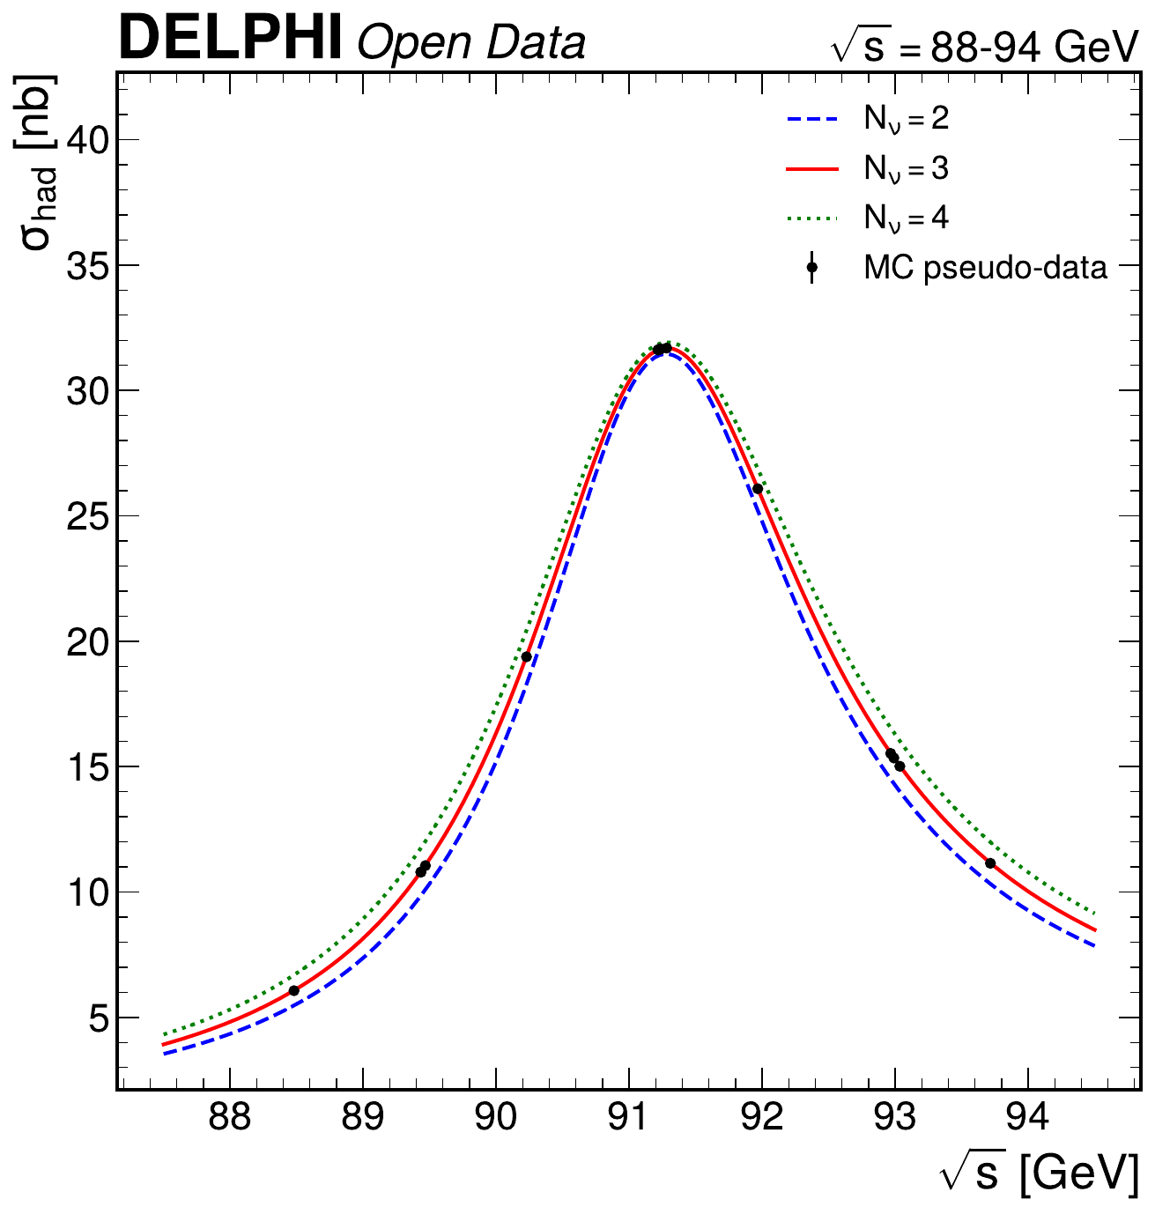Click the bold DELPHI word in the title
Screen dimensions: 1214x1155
(230, 40)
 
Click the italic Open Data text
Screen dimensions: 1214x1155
(471, 43)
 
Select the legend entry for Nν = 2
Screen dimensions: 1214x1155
(906, 119)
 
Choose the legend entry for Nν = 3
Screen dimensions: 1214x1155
(906, 168)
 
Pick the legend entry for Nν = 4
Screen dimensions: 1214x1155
(906, 218)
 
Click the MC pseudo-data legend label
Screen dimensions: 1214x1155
(985, 267)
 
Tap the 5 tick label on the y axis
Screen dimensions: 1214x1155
(95, 1018)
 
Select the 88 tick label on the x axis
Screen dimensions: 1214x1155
(229, 1118)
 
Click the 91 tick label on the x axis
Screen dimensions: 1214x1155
(628, 1118)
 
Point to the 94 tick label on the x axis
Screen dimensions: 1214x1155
(1027, 1118)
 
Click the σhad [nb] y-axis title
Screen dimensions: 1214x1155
(40, 163)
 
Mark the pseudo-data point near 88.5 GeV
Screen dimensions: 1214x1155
(294, 991)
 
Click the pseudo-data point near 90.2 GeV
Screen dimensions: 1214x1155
(527, 656)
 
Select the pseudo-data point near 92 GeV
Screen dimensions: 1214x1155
(758, 489)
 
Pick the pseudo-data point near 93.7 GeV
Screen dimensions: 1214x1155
(990, 863)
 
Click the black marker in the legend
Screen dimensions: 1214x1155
(811, 267)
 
